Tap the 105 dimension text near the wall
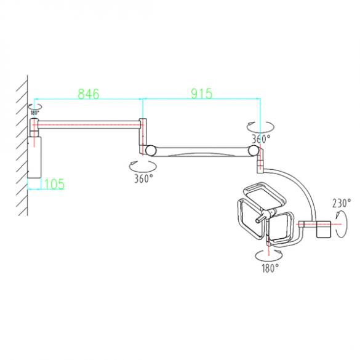tap(53, 183)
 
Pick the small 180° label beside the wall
tap(34, 113)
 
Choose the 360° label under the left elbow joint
tap(143, 179)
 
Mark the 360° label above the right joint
tap(260, 139)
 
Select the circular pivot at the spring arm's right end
tap(253, 150)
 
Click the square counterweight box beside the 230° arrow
tap(322, 230)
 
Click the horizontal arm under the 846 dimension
tap(89, 123)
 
